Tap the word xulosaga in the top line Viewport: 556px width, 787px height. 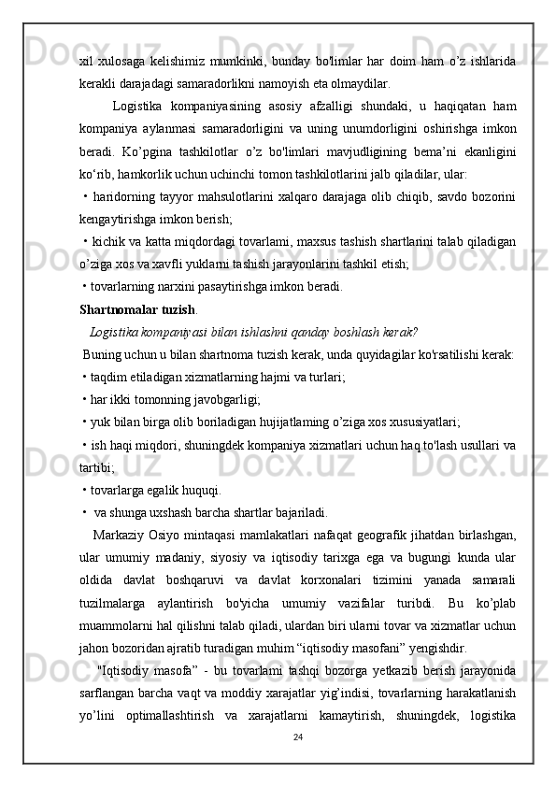pyautogui.click(x=126, y=61)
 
